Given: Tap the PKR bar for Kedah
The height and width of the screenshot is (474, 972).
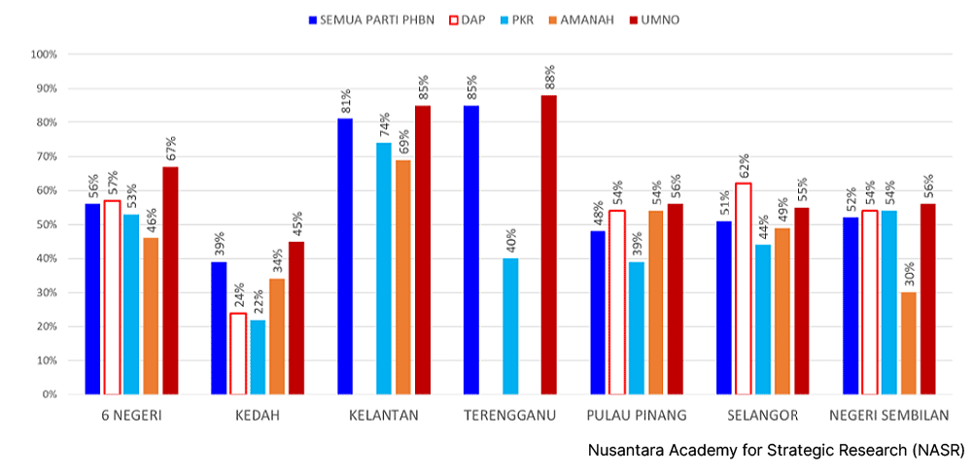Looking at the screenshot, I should [x=258, y=356].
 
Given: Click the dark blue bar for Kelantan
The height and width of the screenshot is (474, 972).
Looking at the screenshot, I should [x=345, y=256].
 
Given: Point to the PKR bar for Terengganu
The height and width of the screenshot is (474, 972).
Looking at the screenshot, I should [x=510, y=326].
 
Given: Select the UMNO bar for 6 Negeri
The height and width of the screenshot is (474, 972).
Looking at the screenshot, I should [x=170, y=281].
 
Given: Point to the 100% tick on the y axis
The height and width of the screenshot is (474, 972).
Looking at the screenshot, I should [x=45, y=54].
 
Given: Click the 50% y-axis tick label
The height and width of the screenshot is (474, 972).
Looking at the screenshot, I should [x=47, y=224].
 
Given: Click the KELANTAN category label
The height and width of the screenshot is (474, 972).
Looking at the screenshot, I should [x=384, y=416].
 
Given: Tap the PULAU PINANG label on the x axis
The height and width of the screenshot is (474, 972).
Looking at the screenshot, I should [x=637, y=416].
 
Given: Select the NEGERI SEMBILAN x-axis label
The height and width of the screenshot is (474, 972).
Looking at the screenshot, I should [x=888, y=416].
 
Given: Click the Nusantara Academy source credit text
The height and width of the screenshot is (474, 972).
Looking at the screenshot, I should [x=776, y=451].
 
